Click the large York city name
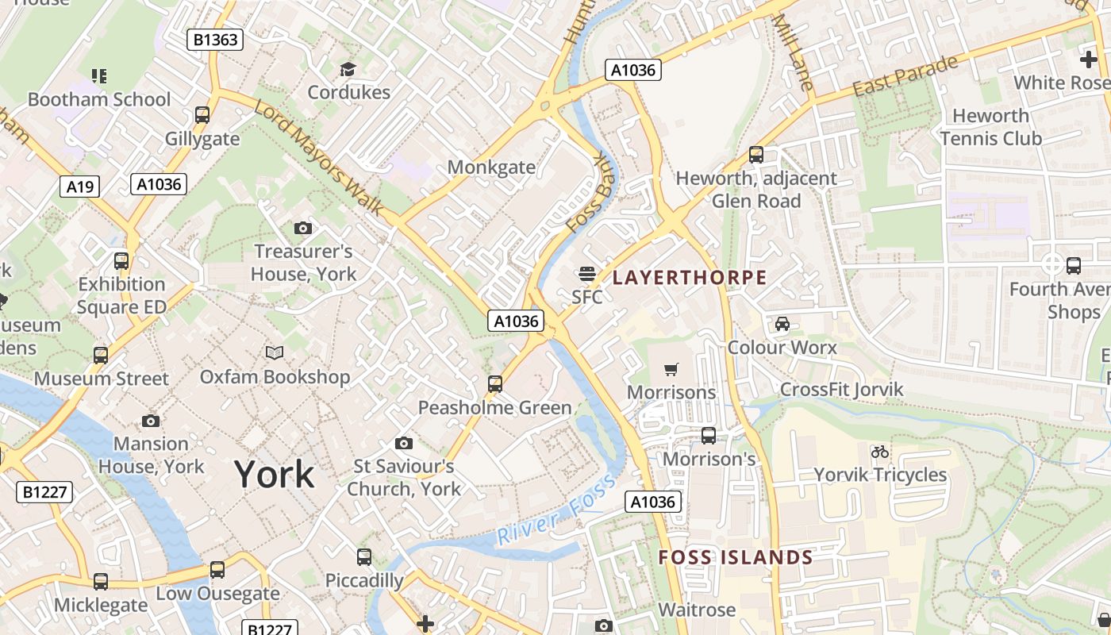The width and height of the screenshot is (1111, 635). (x=274, y=475)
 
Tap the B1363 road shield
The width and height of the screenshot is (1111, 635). (x=214, y=40)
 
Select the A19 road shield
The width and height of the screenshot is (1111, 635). (x=80, y=187)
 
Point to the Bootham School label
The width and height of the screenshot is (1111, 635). (x=99, y=99)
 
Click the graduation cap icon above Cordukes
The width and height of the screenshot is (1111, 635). (x=348, y=70)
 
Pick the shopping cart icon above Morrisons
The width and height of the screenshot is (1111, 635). (x=671, y=369)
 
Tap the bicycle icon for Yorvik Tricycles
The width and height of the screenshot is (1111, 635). (x=879, y=452)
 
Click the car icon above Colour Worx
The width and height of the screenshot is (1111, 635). (x=782, y=324)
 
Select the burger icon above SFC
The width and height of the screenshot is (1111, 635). (x=587, y=274)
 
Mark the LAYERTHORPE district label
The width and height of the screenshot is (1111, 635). (x=690, y=278)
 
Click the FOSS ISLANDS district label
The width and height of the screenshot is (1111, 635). (x=736, y=557)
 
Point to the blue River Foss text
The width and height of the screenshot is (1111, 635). (x=555, y=510)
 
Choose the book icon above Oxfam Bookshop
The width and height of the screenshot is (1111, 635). (x=275, y=352)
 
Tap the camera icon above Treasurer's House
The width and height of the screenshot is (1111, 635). (x=302, y=229)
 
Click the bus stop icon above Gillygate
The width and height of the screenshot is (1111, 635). (x=202, y=115)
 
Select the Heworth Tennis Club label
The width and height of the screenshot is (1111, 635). (x=990, y=127)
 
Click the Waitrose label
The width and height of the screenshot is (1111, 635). (x=697, y=610)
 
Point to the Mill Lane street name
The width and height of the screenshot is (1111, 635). (x=793, y=52)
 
